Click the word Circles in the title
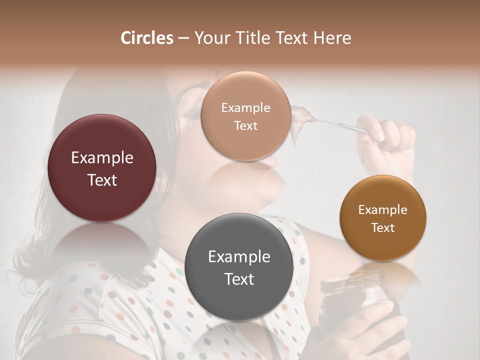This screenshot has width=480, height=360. point(146,38)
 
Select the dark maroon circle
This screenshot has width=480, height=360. point(102,168)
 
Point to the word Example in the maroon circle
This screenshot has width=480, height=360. point(102,158)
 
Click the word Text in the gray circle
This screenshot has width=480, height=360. point(239,279)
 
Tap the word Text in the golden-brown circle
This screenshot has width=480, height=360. point(383,228)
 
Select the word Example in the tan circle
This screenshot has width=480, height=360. point(245,108)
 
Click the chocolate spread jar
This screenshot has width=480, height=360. point(350,305)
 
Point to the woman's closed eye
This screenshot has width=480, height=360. point(192,112)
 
